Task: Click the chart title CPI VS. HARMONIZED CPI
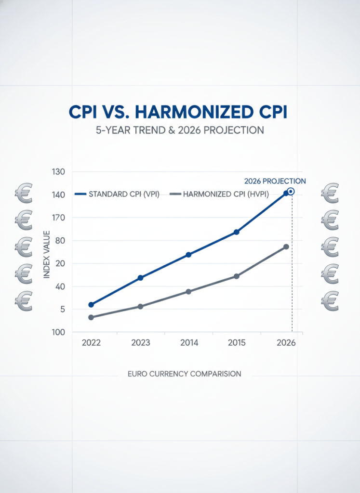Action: tap(178, 112)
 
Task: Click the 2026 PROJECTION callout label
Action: tap(275, 181)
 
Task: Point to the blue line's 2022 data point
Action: tap(91, 305)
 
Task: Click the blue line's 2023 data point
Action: tap(140, 278)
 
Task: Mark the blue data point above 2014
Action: tap(188, 255)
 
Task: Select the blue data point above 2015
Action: tap(237, 232)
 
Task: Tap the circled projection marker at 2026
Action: tap(291, 191)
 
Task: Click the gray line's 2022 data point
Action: tap(91, 317)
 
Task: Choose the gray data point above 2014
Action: tap(188, 292)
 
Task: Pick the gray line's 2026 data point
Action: tap(286, 247)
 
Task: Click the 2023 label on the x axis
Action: tap(140, 343)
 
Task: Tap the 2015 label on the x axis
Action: tap(237, 343)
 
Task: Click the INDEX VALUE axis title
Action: tap(47, 254)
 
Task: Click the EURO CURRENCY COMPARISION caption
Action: tap(185, 374)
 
